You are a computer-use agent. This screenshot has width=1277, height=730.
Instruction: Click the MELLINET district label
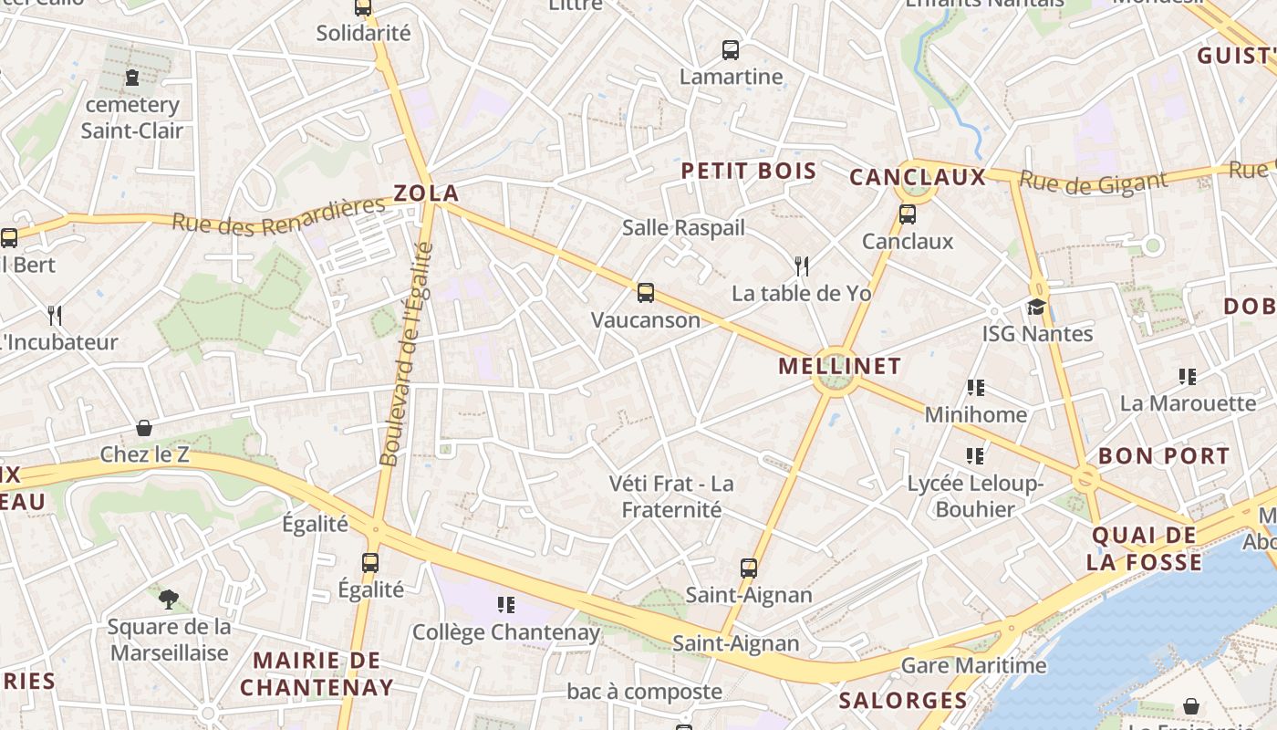coord(839,366)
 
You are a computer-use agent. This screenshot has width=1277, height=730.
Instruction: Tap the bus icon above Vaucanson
coord(646,293)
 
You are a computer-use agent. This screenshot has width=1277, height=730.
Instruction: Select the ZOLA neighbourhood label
coord(426,193)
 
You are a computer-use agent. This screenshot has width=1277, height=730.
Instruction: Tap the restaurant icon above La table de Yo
coord(802,266)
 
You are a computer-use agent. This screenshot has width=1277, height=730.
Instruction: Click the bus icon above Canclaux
coord(907,214)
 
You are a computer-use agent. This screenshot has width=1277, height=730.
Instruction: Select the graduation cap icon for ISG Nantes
coord(1037,307)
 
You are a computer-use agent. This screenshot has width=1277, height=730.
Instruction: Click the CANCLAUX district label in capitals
coord(918,177)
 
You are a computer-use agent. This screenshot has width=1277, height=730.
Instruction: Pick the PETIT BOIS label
coord(749,171)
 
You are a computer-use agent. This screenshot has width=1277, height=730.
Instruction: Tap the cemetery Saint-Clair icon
coord(133,78)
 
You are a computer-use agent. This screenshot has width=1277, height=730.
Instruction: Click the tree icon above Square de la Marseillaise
coord(168,600)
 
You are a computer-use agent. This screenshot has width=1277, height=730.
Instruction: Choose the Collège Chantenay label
coord(506,632)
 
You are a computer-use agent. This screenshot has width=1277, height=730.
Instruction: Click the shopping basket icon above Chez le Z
coord(144,427)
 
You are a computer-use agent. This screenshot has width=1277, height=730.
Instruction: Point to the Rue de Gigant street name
coord(1093,182)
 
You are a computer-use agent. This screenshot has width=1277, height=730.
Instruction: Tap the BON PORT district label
coord(1164,456)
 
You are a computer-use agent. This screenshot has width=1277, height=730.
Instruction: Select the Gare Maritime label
coord(973,665)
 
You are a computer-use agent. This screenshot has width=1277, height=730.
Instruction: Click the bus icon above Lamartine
coord(731,50)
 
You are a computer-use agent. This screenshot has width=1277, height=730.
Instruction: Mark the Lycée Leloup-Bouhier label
coord(975,496)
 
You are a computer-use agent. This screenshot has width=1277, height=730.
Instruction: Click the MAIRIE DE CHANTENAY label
coord(317,673)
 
